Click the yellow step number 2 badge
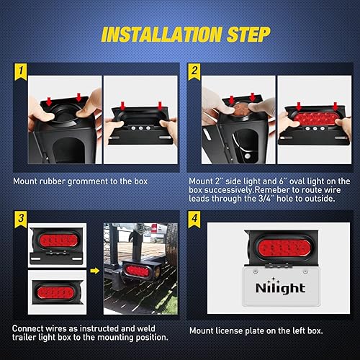(194, 71)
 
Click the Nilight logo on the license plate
(280, 288)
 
